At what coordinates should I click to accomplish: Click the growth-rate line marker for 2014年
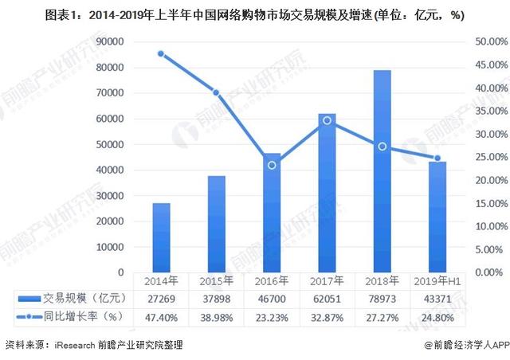161,54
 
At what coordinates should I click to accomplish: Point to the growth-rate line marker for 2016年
272,165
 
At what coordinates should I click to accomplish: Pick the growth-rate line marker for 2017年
327,120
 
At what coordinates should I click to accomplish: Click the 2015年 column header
217,280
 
